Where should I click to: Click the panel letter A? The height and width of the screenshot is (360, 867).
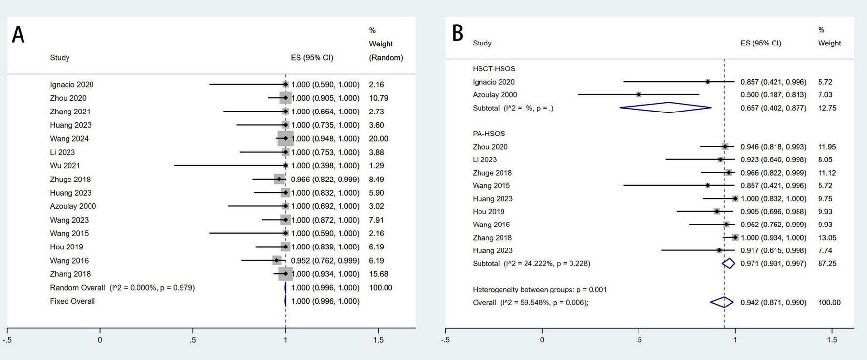(x=18, y=35)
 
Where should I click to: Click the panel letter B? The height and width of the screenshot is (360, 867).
(x=457, y=33)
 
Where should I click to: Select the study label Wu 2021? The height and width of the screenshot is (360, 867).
(x=65, y=166)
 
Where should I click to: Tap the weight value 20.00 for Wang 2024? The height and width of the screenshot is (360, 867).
(x=378, y=139)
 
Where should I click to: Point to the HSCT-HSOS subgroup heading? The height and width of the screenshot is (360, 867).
(x=494, y=69)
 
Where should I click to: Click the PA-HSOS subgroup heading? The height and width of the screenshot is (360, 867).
(x=489, y=134)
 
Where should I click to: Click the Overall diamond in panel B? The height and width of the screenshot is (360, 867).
(x=722, y=302)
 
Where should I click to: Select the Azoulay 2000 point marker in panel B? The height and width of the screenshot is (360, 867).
(x=639, y=95)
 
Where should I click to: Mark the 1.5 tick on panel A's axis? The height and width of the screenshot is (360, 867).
(x=378, y=339)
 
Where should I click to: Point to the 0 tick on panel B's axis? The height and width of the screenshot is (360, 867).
(x=542, y=339)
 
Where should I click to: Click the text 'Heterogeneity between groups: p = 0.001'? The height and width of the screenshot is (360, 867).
(x=539, y=290)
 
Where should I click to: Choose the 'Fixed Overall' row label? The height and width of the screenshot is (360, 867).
(x=72, y=301)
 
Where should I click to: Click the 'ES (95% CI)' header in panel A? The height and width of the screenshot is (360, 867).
(x=312, y=58)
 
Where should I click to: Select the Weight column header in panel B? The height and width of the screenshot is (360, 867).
(x=829, y=43)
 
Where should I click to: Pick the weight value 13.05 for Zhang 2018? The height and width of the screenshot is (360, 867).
(x=827, y=238)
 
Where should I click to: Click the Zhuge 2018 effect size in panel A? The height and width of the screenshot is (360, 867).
(x=325, y=180)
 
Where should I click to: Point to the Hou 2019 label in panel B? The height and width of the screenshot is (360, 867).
(x=488, y=212)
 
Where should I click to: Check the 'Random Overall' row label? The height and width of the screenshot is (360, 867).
(x=77, y=288)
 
